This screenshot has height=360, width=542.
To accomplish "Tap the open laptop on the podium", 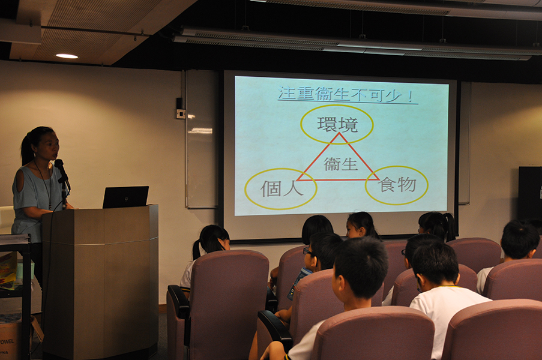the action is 125,197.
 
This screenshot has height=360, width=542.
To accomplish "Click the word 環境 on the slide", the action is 337,125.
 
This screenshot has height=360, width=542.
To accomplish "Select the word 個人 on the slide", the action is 282,188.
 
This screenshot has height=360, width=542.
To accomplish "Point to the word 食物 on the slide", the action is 397,184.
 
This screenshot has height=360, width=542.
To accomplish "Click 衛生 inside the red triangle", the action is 340,164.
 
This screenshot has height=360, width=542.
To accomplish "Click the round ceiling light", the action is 67,56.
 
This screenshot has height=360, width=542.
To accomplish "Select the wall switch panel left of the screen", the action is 181,113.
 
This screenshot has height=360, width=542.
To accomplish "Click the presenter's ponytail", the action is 26,149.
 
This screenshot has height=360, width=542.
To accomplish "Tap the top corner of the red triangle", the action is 339,133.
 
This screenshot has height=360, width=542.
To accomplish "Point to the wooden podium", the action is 100,280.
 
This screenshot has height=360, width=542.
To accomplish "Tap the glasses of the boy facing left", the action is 307,251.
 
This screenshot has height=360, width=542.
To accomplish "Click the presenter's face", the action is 49,146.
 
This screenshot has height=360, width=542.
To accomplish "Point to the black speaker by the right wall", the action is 530,194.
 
